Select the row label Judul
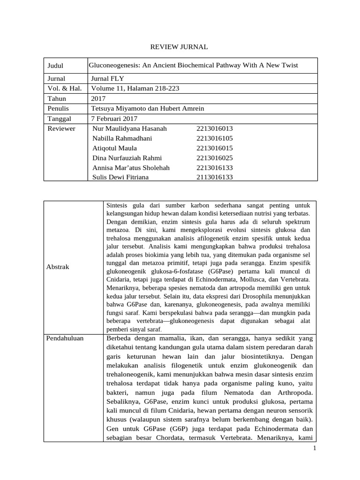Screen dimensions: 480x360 (55, 66)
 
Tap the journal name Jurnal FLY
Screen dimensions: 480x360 (108, 78)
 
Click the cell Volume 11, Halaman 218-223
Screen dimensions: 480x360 (135, 88)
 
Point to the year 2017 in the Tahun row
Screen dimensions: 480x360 (98, 98)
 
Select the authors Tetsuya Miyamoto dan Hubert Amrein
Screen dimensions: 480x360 (148, 108)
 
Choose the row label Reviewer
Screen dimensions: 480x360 (61, 128)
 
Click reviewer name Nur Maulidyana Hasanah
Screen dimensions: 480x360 (130, 128)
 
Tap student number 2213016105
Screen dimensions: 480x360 (215, 138)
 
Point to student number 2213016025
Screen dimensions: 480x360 (215, 158)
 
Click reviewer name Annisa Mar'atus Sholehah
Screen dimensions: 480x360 (131, 167)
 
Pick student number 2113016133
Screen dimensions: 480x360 (215, 177)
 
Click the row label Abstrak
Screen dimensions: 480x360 (58, 267)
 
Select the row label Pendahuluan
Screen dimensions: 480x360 (66, 338)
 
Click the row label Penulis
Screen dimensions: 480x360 (58, 108)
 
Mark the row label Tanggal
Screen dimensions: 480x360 (59, 119)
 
